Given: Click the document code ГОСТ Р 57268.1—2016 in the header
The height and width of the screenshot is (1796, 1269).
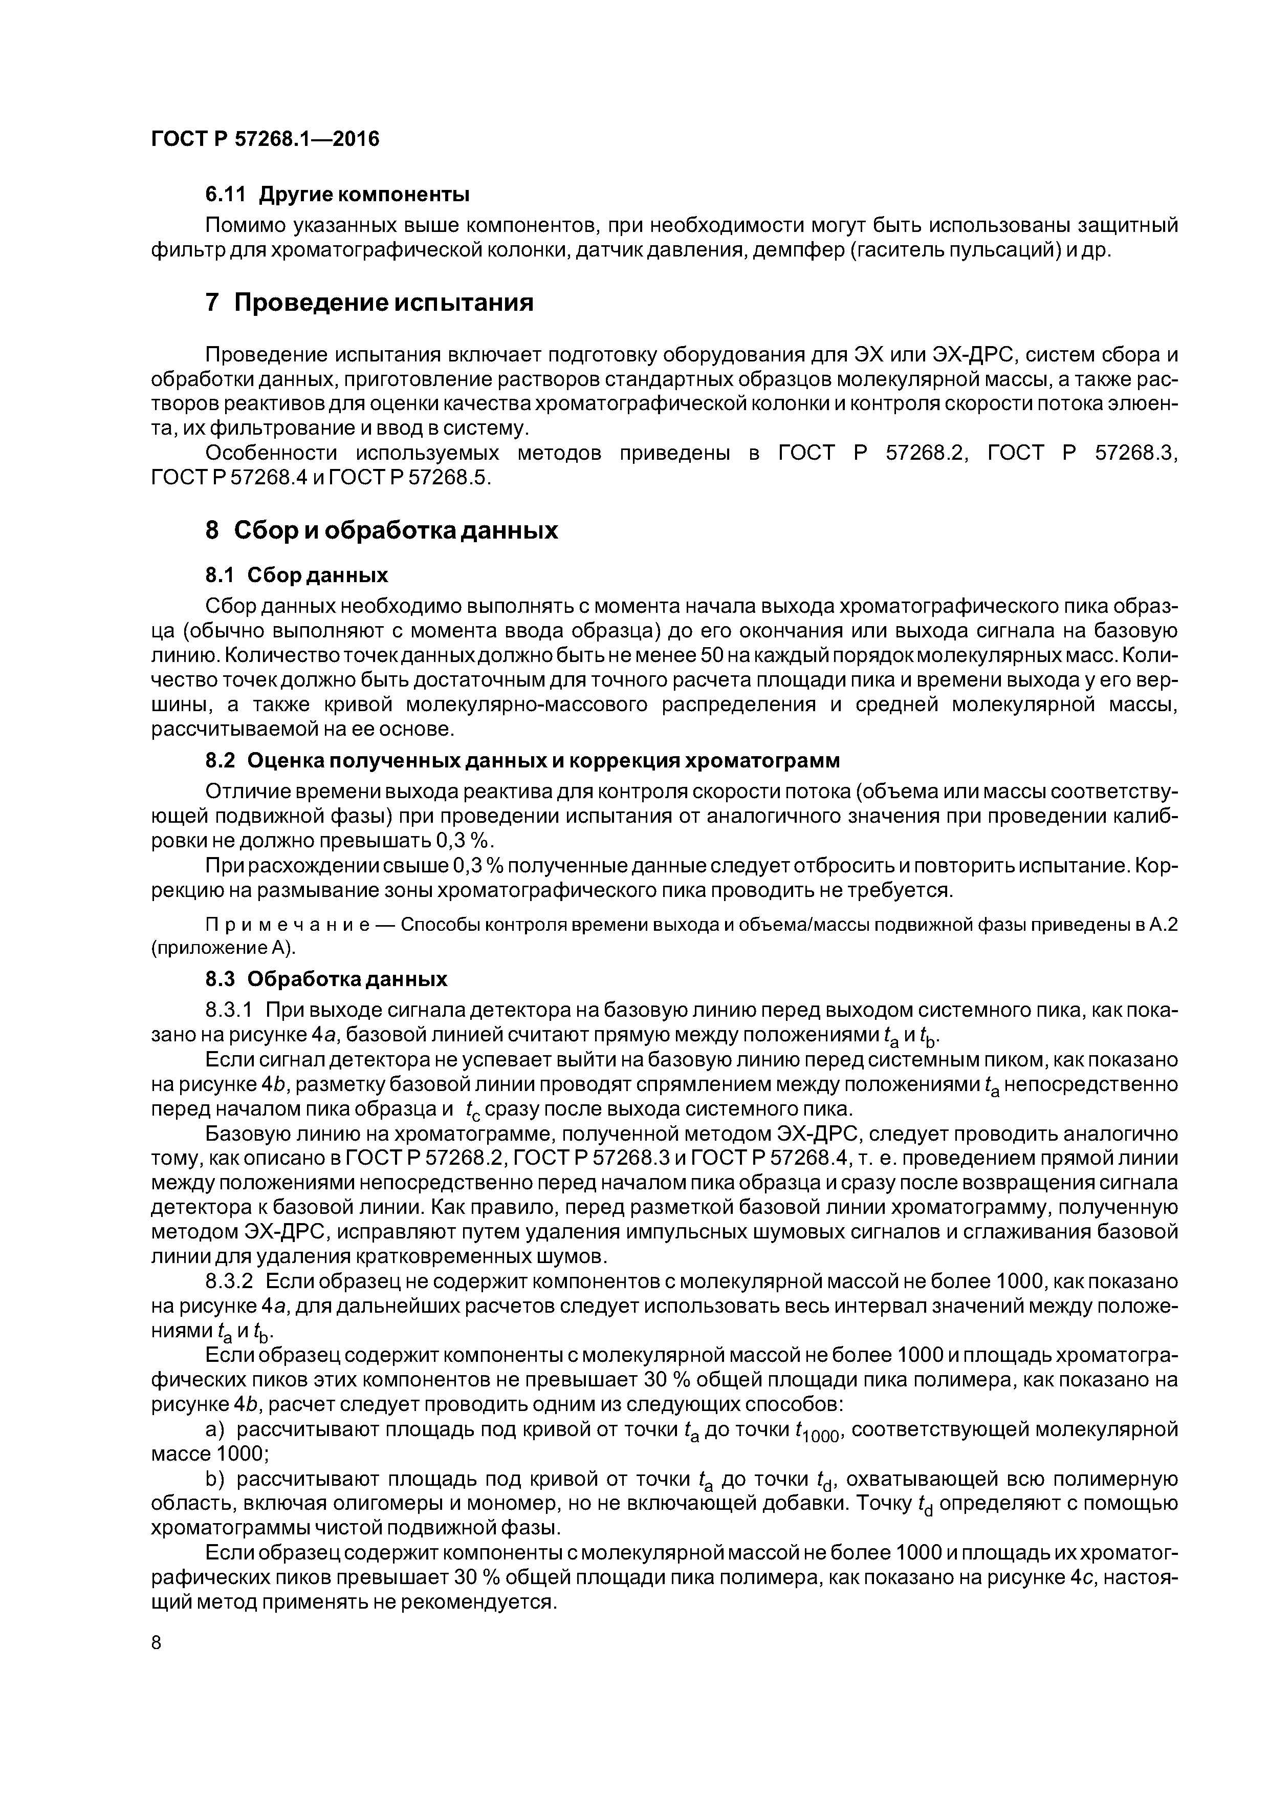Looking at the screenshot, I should pos(264,139).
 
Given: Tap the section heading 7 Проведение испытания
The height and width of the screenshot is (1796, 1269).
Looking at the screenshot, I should pos(369,303).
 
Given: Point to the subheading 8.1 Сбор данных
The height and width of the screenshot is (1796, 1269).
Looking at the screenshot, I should pos(296,576).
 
